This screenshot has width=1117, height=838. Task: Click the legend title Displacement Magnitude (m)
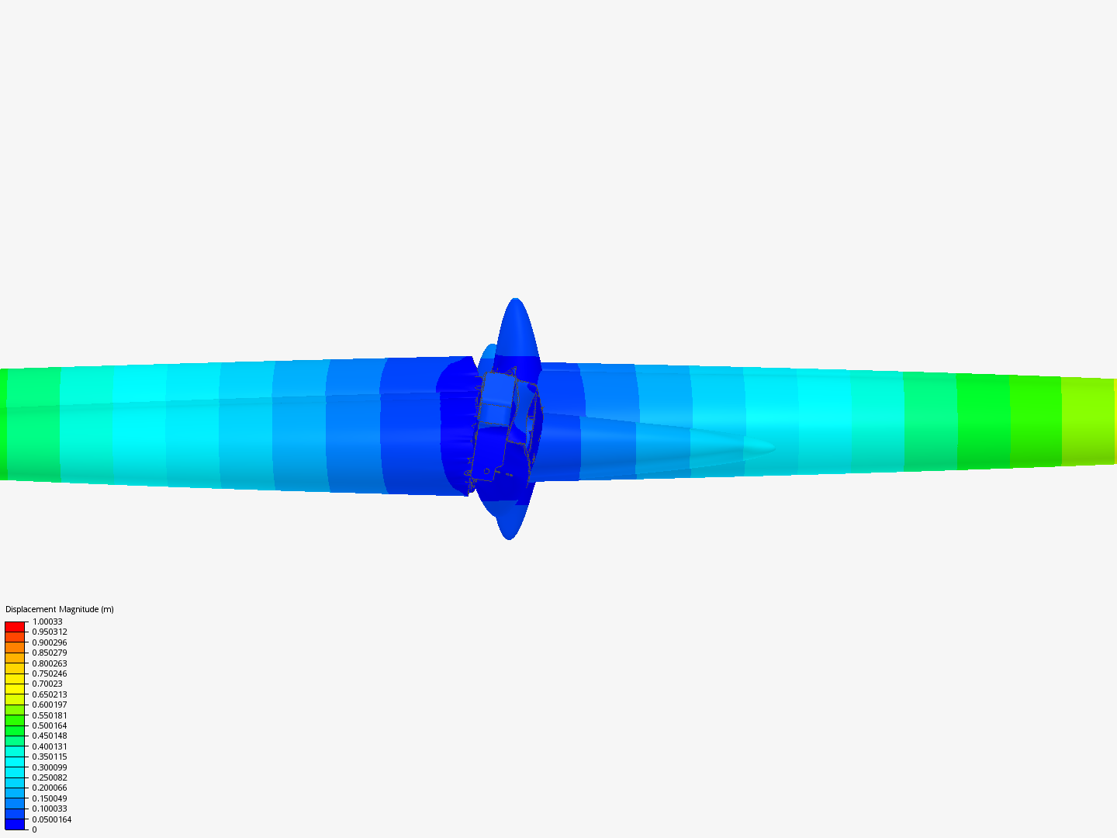pos(60,609)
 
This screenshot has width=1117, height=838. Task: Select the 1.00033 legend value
pos(47,622)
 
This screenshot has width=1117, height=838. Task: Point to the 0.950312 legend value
pos(50,632)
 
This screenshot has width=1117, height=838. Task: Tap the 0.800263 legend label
pos(50,663)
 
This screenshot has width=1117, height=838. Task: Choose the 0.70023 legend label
pos(47,684)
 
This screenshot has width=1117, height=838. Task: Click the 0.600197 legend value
pos(50,705)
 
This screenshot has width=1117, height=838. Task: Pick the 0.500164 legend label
pos(50,725)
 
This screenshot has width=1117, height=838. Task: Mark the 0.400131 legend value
pos(50,746)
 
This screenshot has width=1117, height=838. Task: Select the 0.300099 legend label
pos(50,767)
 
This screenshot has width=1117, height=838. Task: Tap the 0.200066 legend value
pos(50,788)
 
